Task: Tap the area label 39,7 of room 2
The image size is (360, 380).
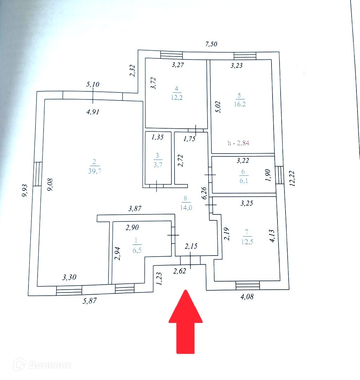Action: [x=94, y=171]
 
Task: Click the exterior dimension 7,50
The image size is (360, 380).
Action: [x=211, y=44]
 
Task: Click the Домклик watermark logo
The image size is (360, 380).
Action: [x=42, y=365]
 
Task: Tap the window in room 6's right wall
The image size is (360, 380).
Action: [x=279, y=175]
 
